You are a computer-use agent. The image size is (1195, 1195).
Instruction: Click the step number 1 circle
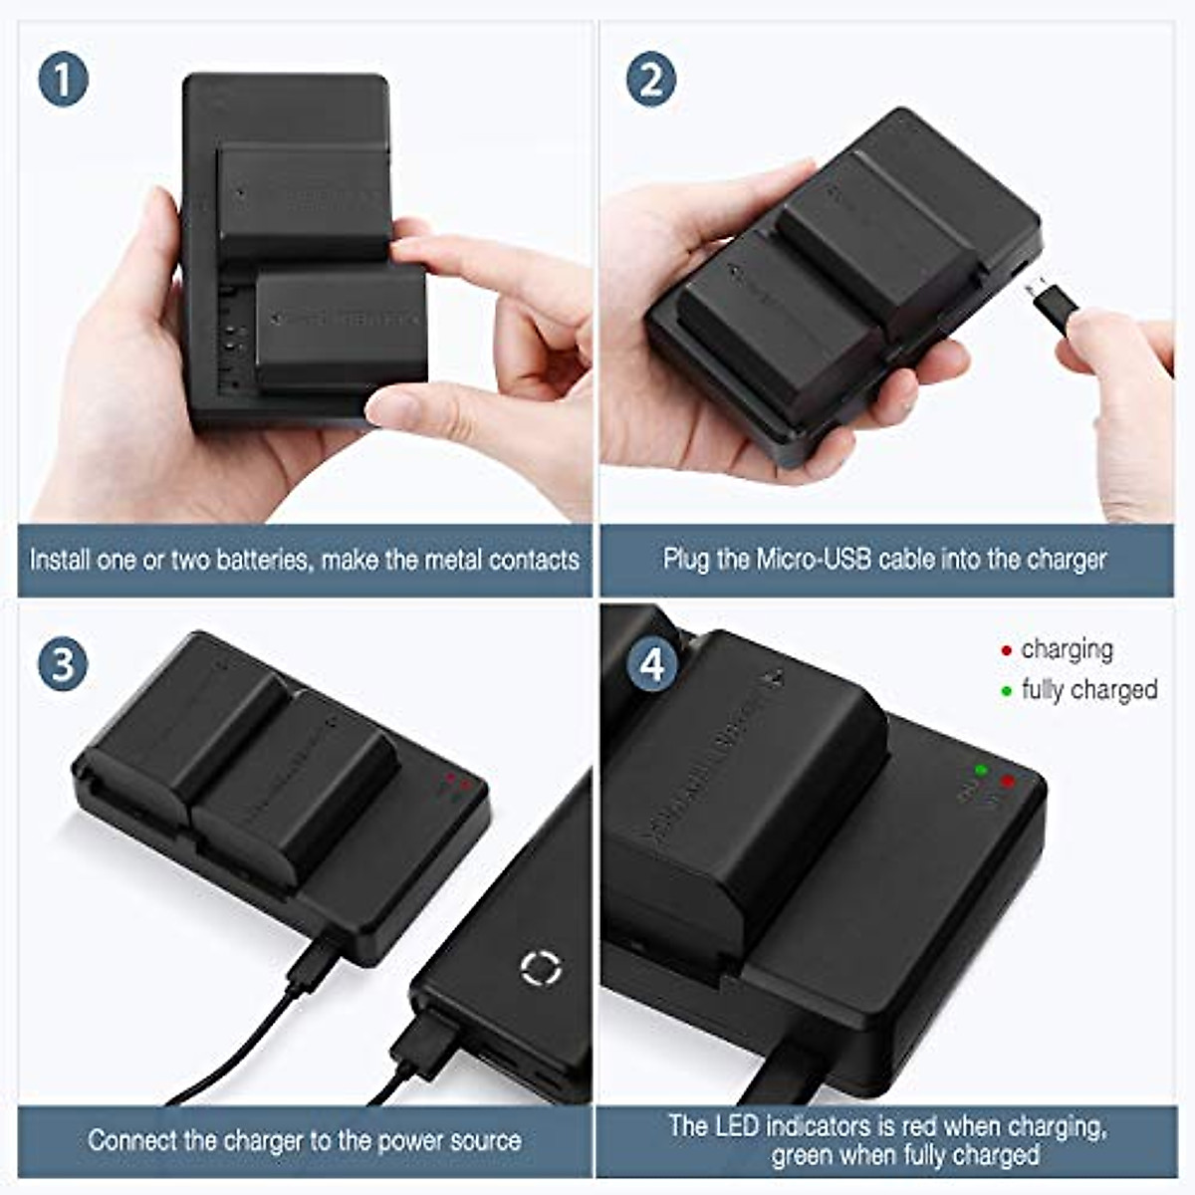[64, 80]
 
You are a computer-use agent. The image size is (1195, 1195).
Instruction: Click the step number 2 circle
[651, 80]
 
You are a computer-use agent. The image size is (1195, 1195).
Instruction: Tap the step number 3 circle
[63, 665]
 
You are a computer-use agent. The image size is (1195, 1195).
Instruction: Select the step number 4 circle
[651, 665]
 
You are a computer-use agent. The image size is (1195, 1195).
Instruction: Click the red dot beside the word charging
[1006, 651]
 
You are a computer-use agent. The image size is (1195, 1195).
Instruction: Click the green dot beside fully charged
[1006, 691]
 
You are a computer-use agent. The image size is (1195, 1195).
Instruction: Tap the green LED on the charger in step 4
[981, 770]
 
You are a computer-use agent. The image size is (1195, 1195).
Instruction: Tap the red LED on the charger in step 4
[1008, 781]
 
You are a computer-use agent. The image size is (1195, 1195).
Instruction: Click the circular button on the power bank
[541, 968]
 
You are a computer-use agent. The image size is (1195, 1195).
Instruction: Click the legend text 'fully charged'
[1088, 690]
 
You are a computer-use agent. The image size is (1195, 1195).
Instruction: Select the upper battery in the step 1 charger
[304, 199]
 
